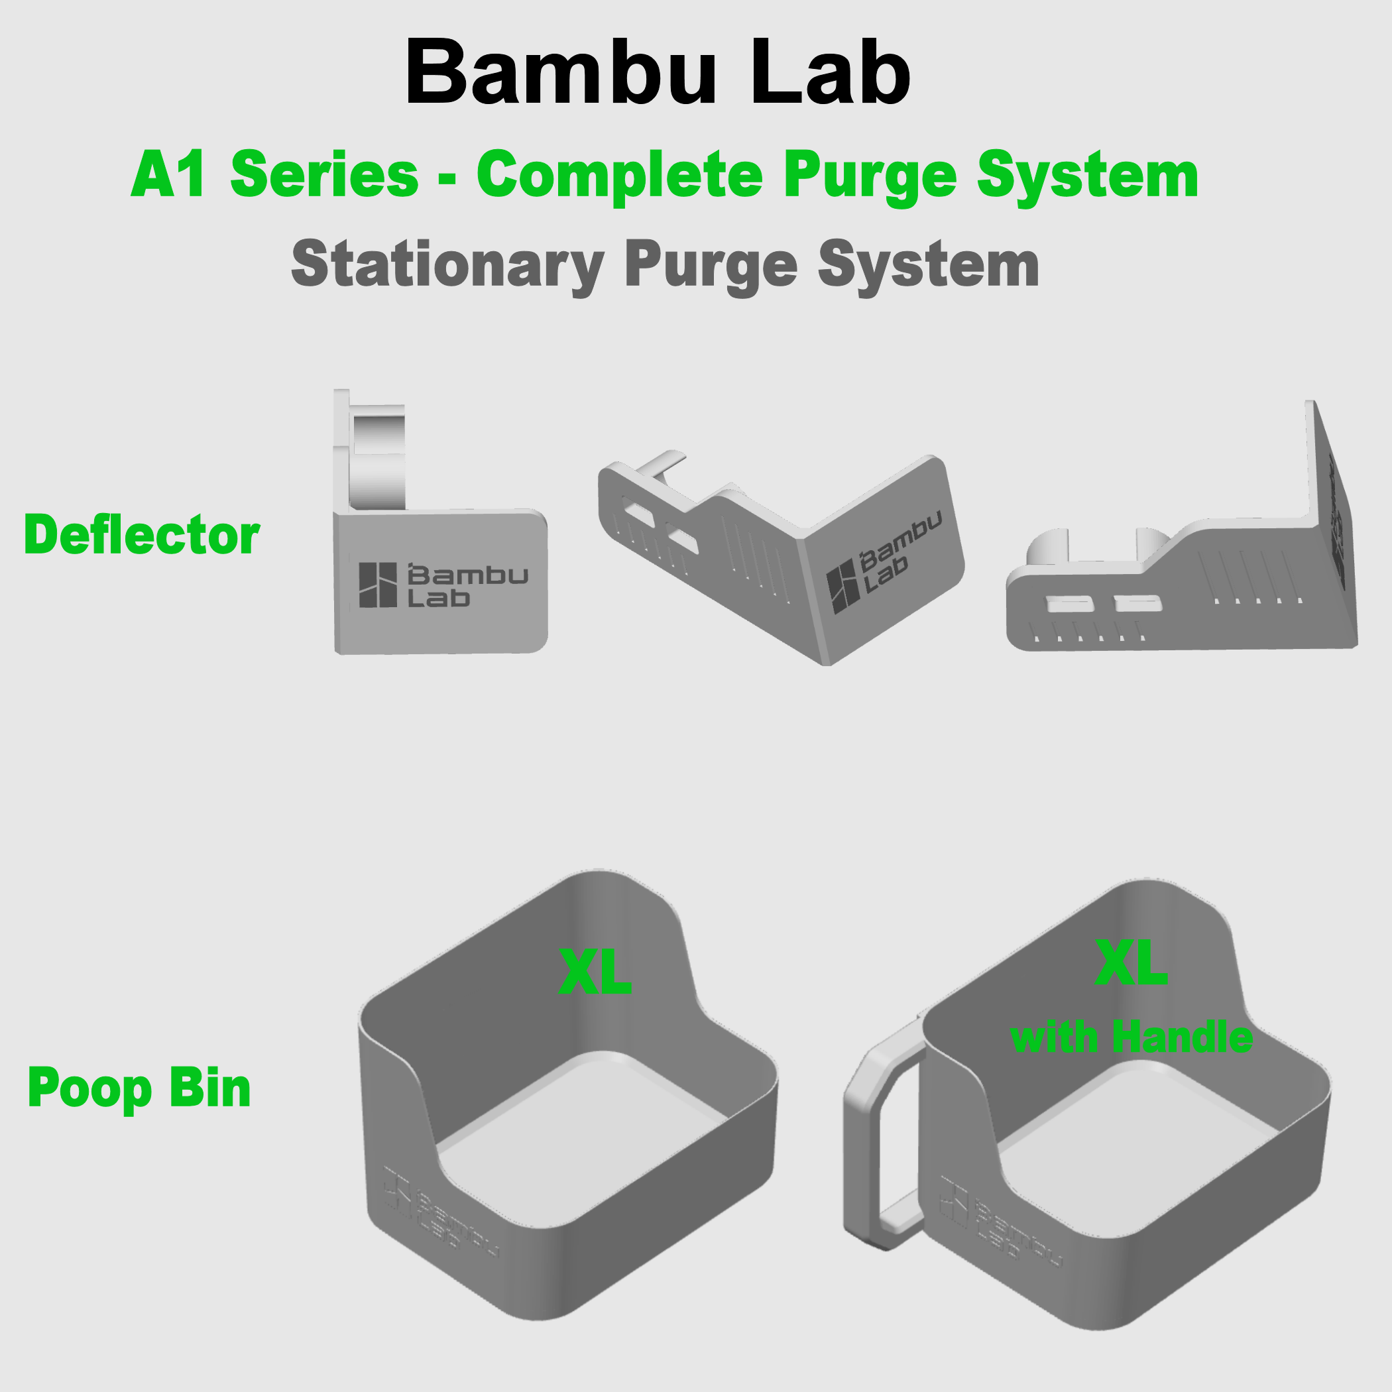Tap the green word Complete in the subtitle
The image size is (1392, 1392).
[x=620, y=175]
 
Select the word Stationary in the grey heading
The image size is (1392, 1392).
[x=447, y=265]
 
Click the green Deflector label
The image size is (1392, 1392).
[x=142, y=536]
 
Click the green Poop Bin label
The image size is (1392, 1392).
[x=139, y=1088]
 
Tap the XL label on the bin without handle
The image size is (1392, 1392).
[x=595, y=972]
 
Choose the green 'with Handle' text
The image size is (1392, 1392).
[x=1131, y=1037]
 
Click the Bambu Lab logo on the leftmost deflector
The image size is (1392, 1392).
[x=442, y=585]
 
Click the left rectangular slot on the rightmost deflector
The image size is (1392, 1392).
[x=1069, y=604]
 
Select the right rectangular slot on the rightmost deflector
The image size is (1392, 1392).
[x=1137, y=603]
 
